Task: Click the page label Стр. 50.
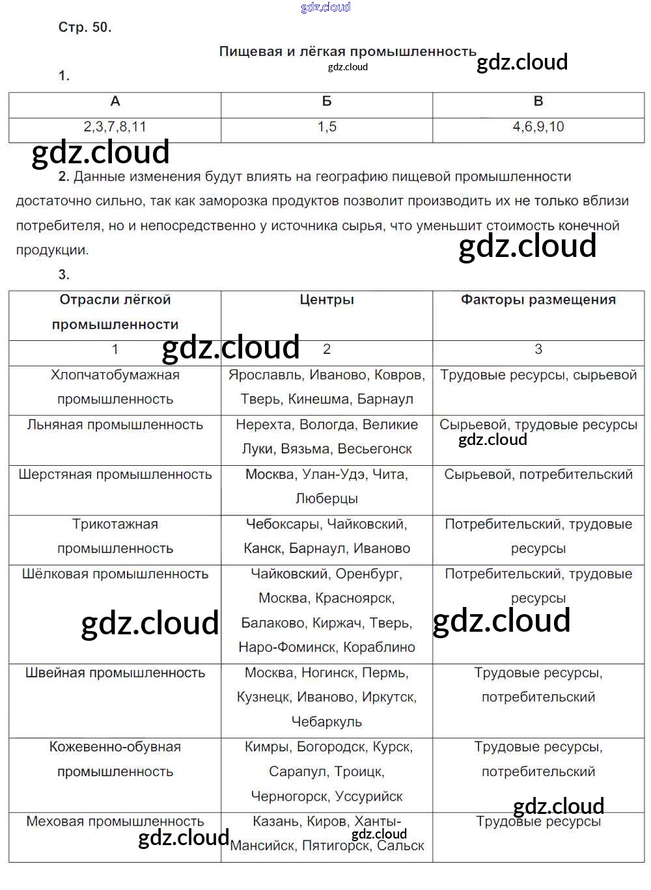coord(85,27)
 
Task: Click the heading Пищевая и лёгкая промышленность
coord(348,51)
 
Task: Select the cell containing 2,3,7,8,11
coord(115,127)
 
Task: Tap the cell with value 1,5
coord(327,127)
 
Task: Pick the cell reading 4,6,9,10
coord(538,127)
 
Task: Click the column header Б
coord(327,101)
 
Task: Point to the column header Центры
coord(327,300)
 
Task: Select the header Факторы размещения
coord(538,300)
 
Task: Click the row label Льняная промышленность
coord(115,425)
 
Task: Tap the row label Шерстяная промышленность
coord(115,475)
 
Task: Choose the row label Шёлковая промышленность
coord(115,574)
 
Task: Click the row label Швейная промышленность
coord(115,673)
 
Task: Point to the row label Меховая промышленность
coord(115,822)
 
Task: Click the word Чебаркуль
coord(327,722)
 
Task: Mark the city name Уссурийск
coord(369,797)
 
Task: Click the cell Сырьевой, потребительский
coord(538,475)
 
